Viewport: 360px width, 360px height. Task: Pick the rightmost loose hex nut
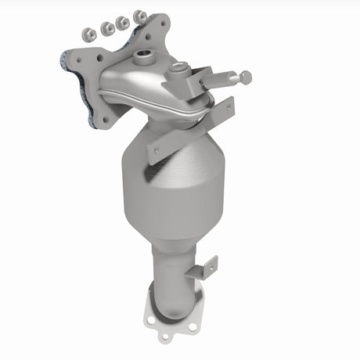(140, 15)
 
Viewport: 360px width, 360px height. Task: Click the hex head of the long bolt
(246, 77)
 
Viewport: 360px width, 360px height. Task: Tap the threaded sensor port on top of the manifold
(143, 57)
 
